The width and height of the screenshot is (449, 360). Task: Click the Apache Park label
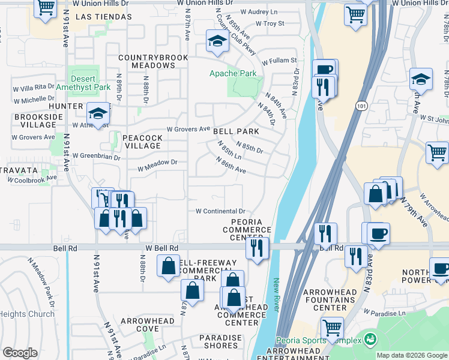[x=232, y=74]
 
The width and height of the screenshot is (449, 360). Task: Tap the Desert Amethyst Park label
[x=91, y=83]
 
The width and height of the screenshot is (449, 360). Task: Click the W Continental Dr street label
[x=221, y=211]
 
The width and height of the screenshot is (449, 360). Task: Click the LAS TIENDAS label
[x=104, y=17]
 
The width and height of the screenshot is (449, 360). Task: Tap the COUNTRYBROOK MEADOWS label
[x=152, y=61]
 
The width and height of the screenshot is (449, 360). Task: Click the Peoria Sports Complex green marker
[x=370, y=340]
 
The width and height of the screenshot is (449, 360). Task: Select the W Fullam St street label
[x=277, y=61]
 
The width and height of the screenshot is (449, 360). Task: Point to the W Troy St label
[x=270, y=24]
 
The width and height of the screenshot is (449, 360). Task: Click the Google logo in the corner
[x=20, y=353]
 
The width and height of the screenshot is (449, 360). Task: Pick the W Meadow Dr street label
[x=158, y=162]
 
